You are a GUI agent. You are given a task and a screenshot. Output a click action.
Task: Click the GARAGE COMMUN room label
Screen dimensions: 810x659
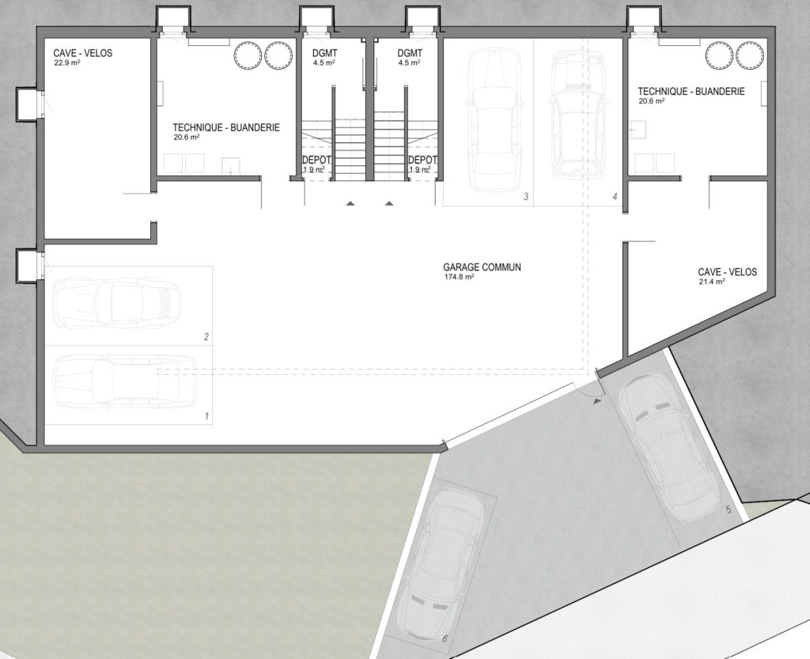(x=482, y=267)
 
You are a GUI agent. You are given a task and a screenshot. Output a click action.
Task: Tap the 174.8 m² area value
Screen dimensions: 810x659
(x=459, y=277)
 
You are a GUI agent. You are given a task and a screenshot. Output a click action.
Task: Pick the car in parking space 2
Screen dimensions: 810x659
(x=117, y=302)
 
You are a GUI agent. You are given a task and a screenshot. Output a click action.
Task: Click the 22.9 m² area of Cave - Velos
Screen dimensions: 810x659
(x=66, y=63)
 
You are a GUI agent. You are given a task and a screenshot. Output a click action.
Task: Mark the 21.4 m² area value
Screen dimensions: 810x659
(x=711, y=282)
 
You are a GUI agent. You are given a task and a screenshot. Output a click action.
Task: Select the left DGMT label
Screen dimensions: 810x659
(x=324, y=53)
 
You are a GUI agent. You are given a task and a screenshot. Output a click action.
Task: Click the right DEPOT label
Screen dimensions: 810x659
(x=422, y=160)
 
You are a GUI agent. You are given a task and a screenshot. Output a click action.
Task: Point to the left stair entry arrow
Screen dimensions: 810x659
(x=350, y=203)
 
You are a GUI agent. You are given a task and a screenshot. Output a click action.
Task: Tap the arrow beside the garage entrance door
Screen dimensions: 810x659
(x=598, y=400)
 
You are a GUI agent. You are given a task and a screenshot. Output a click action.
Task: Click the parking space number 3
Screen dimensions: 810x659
(x=526, y=196)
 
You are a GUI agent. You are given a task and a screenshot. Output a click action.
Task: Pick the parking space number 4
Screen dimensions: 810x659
(x=614, y=196)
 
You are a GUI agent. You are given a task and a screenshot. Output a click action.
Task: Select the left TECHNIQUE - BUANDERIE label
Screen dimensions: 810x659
(x=226, y=127)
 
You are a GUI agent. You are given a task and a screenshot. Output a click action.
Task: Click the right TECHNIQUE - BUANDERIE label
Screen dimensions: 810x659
(x=691, y=92)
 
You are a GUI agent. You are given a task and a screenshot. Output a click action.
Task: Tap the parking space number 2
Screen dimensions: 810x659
(x=206, y=337)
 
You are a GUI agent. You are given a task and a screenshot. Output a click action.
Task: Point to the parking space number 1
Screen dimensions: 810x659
(x=206, y=416)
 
